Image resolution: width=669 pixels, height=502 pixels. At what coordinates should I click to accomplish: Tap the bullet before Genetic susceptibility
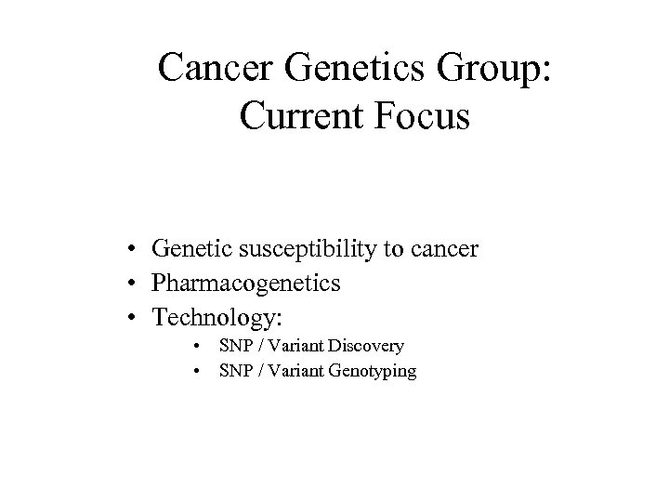point(136,250)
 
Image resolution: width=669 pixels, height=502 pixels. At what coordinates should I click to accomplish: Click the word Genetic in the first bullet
point(186,250)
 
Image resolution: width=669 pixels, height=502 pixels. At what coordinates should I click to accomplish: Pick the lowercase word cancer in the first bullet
point(447,250)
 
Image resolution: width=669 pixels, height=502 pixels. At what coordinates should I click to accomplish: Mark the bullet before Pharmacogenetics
point(136,284)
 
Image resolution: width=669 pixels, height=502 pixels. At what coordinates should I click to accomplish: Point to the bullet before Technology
point(136,317)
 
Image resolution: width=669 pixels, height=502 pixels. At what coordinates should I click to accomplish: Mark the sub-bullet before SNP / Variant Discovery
point(198,347)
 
